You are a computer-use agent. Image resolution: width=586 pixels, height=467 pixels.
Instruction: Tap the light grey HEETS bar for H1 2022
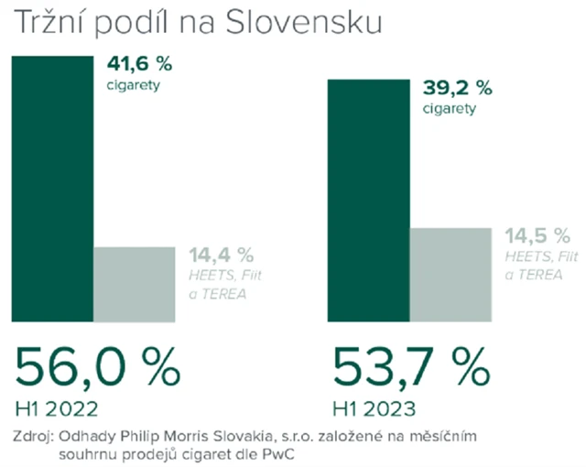point(134,284)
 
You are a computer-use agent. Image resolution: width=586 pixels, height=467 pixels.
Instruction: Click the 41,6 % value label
point(140,64)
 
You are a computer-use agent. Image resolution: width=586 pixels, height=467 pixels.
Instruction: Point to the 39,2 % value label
point(457,88)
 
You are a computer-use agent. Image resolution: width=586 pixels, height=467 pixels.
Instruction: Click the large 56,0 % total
point(97,367)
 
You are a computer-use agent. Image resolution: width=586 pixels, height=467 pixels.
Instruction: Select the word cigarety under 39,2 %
point(450,109)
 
